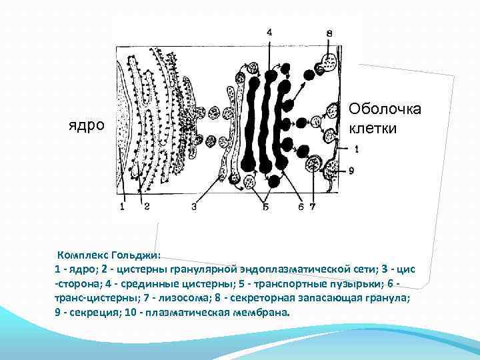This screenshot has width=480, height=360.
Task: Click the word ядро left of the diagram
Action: [x=87, y=125]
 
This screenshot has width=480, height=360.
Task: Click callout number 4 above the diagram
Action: [x=269, y=32]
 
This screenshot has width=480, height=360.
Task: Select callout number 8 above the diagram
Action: [x=329, y=33]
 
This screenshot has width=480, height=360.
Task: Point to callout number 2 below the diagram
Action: [x=146, y=207]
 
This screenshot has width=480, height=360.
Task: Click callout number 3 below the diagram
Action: [x=193, y=207]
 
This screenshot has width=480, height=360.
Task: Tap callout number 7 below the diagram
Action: [x=313, y=207]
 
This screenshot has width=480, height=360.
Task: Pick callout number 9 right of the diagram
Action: [x=351, y=171]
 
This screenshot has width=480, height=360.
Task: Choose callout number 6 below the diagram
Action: [x=301, y=207]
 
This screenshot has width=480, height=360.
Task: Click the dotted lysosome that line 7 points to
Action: [x=313, y=164]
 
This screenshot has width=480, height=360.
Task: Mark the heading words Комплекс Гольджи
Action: [x=109, y=255]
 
